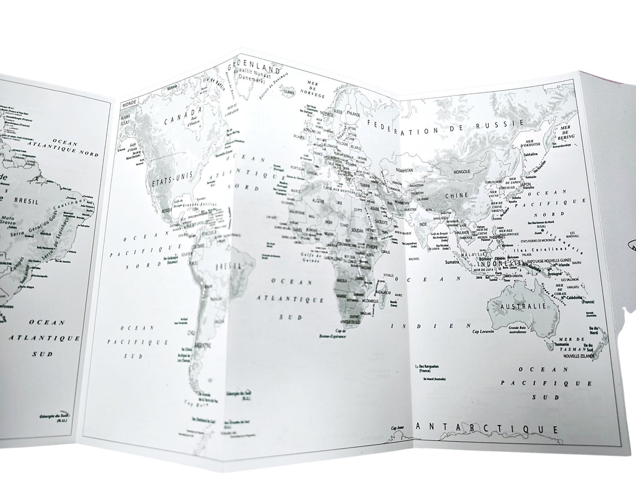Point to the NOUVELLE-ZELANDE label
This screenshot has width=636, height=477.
pyautogui.click(x=578, y=355)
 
